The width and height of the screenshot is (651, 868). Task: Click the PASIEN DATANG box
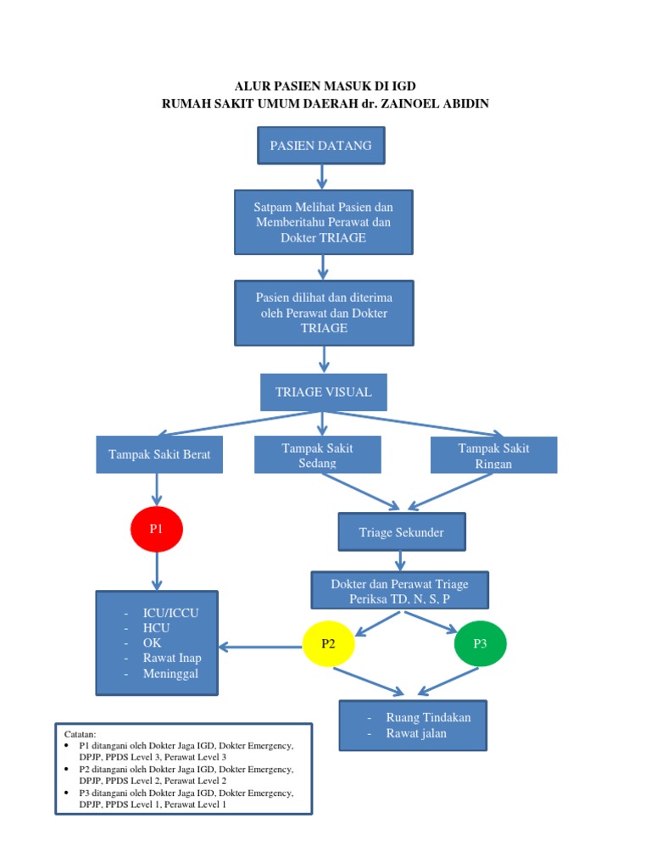click(320, 146)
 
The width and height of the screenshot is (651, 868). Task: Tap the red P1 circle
click(156, 529)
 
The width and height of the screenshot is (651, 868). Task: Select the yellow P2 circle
click(329, 644)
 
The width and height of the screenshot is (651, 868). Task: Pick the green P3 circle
click(480, 644)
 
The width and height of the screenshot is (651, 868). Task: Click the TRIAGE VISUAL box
click(323, 392)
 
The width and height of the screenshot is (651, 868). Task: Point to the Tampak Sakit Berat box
click(159, 455)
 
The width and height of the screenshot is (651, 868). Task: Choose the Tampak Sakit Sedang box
click(318, 455)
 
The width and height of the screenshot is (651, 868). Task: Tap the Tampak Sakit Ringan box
click(493, 455)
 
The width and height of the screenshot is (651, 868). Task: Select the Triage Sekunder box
click(402, 532)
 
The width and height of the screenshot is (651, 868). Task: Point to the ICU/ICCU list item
click(171, 612)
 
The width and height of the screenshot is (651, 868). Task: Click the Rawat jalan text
click(416, 733)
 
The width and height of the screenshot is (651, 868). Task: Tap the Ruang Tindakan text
click(428, 717)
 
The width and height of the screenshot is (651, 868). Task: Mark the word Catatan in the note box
click(81, 732)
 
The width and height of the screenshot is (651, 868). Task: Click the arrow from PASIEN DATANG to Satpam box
click(322, 176)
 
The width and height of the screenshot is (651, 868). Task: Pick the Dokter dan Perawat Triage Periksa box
click(400, 592)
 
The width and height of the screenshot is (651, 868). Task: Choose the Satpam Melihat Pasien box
click(323, 222)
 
